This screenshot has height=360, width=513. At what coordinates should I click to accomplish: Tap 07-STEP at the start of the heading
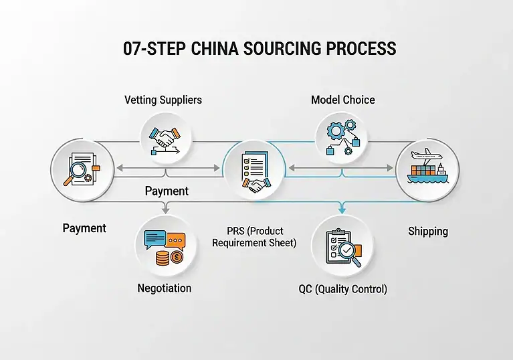[x=147, y=49]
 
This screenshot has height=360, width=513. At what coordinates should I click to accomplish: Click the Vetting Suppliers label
[x=163, y=100]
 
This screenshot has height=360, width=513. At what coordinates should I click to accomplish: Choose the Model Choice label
[x=343, y=100]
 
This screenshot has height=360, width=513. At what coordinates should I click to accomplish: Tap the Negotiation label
[x=165, y=288]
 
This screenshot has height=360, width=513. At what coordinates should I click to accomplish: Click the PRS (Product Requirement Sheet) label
[x=254, y=237]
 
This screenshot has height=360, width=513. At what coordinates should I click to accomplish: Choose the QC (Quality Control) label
[x=343, y=289]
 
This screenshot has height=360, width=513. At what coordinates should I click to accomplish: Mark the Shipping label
[x=428, y=231]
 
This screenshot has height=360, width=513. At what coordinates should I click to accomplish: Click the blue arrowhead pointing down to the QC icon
[x=342, y=210]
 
